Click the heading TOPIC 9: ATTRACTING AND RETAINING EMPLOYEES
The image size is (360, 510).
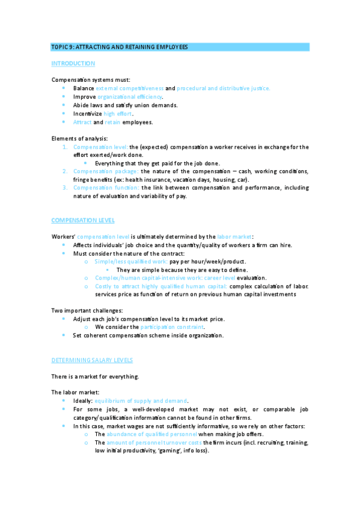click(x=120, y=47)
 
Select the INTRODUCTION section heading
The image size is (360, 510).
click(x=73, y=63)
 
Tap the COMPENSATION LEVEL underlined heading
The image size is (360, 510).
click(x=83, y=220)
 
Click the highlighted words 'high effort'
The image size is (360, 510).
click(x=118, y=113)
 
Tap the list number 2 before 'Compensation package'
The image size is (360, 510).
click(x=66, y=171)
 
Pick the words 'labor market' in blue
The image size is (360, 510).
click(x=231, y=237)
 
